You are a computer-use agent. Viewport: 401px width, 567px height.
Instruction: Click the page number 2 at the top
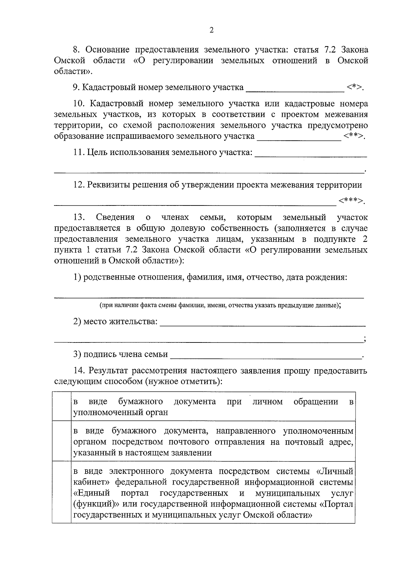point(211,30)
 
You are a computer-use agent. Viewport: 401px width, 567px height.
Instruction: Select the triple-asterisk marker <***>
point(351,201)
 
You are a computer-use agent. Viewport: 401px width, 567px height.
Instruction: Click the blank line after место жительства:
point(263,323)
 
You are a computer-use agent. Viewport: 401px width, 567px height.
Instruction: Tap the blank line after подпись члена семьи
point(266,356)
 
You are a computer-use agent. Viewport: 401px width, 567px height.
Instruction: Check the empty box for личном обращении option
point(62,406)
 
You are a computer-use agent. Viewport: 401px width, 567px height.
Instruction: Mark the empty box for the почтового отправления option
point(62,441)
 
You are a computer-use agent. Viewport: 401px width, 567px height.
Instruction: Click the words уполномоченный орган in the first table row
point(121,412)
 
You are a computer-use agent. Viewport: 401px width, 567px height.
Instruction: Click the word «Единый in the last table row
point(91,493)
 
